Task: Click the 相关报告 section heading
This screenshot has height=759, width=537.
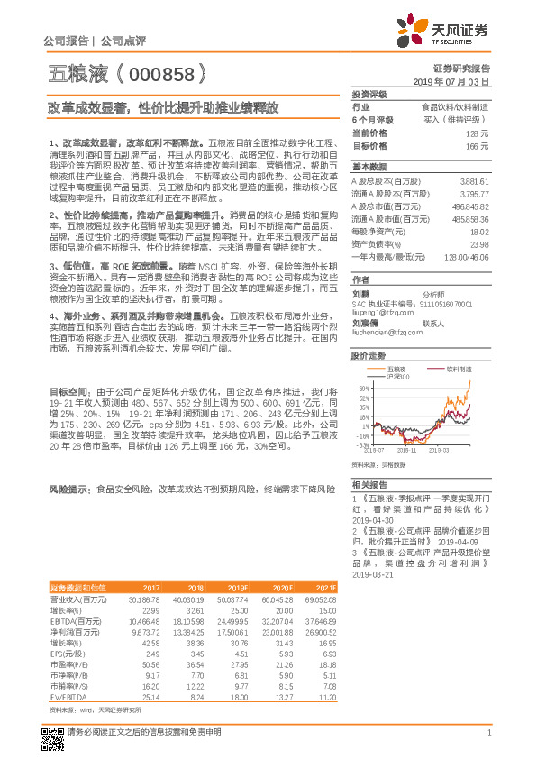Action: coord(369,484)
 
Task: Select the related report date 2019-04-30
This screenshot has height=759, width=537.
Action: coord(375,519)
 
